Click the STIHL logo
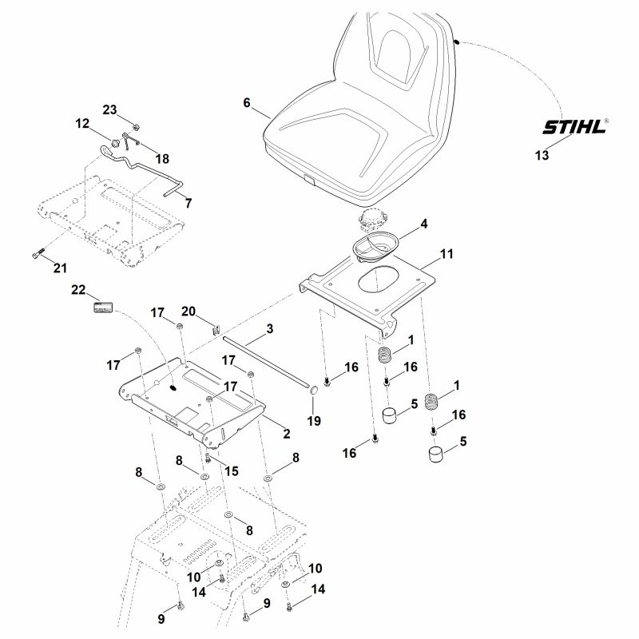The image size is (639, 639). [574, 126]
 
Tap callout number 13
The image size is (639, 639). [542, 155]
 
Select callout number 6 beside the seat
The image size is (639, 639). [247, 102]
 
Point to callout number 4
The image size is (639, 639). [424, 224]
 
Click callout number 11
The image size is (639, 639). [447, 254]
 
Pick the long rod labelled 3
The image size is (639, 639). [268, 363]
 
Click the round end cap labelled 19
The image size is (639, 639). [313, 390]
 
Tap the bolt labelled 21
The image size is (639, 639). [38, 253]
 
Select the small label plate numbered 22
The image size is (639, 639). [103, 308]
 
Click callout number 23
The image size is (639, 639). [109, 109]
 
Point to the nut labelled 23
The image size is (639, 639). [137, 127]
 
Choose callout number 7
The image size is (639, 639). [189, 203]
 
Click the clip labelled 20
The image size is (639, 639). [216, 329]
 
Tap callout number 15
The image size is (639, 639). [232, 471]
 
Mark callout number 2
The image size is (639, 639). [287, 434]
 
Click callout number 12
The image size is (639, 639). [82, 123]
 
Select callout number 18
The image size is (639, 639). [162, 158]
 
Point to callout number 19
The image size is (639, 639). [314, 421]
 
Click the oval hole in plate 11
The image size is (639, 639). [379, 280]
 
